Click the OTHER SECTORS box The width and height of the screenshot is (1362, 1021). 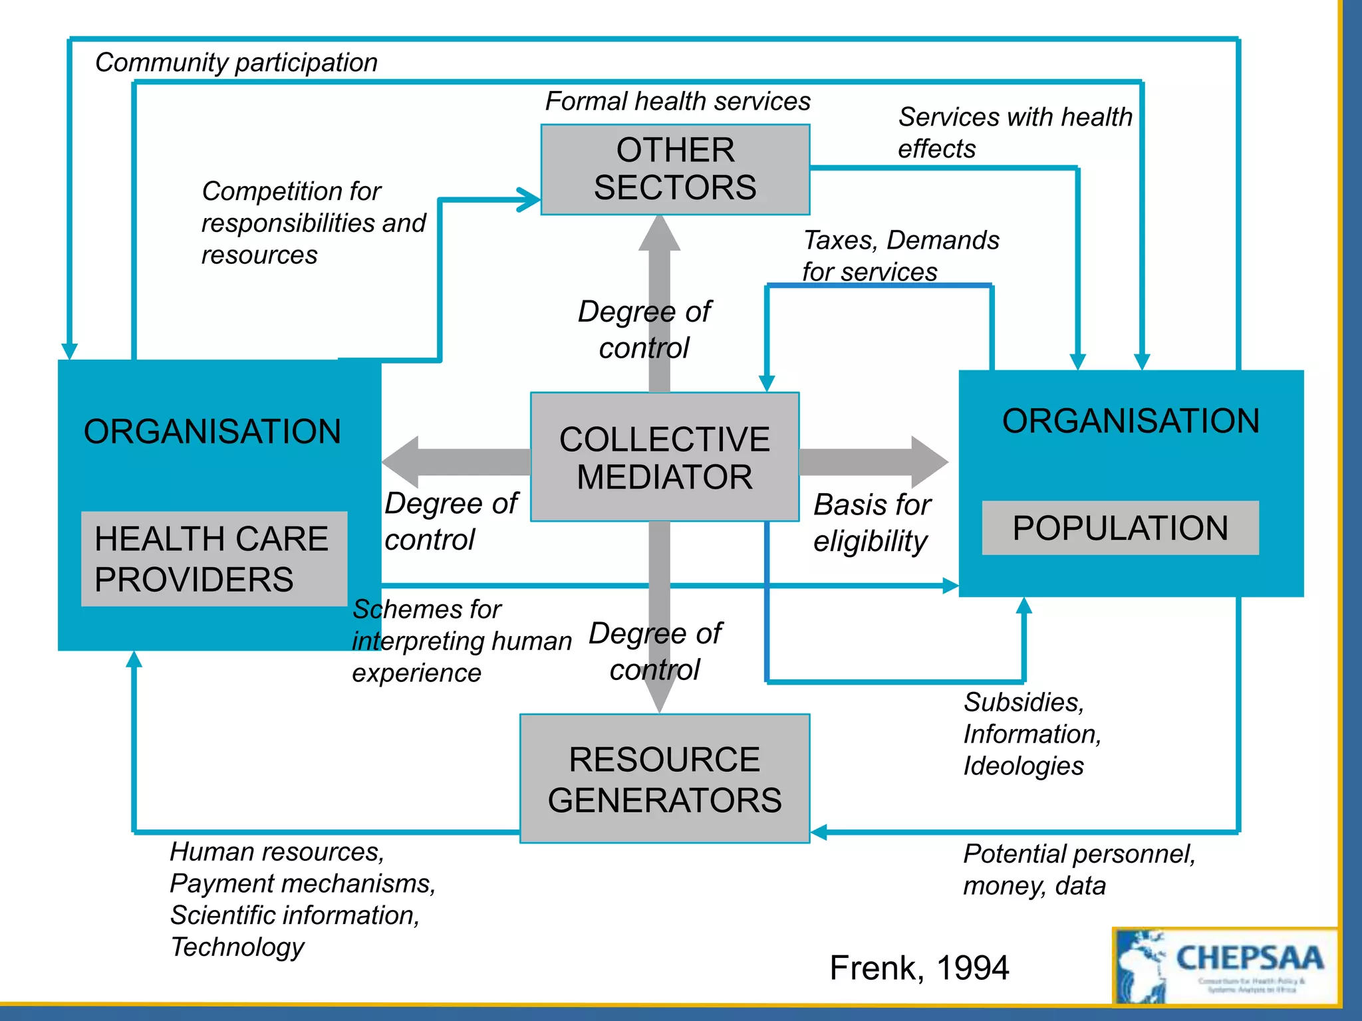tap(675, 170)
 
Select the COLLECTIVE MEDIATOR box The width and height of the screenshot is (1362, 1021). tap(664, 457)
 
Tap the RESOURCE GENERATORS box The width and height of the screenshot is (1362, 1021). tap(664, 779)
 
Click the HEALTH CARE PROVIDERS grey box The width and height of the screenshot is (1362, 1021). tap(213, 559)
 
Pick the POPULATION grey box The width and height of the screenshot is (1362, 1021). tap(1120, 528)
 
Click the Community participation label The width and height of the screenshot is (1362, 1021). tap(236, 62)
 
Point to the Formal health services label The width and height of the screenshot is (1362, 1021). tap(677, 102)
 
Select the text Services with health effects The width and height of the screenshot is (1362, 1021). tap(1014, 133)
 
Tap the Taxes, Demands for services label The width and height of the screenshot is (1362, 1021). tap(900, 256)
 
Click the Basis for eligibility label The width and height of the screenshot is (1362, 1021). tap(871, 523)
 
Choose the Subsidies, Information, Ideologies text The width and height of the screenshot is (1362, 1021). tap(1031, 734)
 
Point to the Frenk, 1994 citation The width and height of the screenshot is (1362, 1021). tap(918, 967)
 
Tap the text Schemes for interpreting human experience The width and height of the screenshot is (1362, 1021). tap(461, 641)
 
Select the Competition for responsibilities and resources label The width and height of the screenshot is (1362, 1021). tap(313, 223)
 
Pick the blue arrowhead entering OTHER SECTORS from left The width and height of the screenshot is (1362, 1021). tap(530, 199)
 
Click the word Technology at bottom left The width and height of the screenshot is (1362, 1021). tap(237, 947)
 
